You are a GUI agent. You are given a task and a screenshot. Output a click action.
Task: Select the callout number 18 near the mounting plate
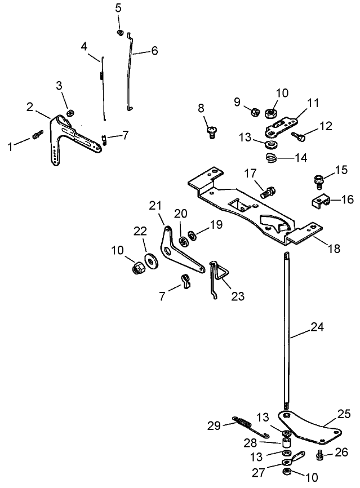[334, 248]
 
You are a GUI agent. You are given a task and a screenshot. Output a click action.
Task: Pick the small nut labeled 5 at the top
[119, 33]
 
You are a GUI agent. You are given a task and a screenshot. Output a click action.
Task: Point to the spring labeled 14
[271, 158]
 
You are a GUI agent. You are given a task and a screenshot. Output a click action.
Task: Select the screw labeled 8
[212, 132]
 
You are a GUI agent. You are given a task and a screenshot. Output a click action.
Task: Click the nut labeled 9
[254, 112]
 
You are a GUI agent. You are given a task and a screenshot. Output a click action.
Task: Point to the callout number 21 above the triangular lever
[155, 206]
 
